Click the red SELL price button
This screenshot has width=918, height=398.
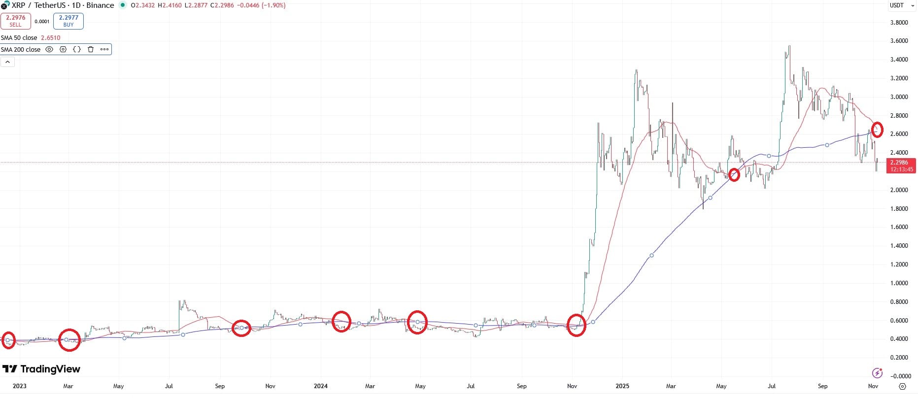16,21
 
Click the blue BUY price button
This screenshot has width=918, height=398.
68,21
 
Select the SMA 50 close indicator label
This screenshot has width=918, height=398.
19,38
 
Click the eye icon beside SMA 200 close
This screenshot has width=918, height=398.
49,49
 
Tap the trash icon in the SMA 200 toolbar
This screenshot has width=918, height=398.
91,49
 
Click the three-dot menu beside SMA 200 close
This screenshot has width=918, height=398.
104,49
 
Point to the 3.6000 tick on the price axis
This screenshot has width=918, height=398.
899,41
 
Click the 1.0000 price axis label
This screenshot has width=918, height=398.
899,283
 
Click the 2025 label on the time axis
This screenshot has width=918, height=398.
622,386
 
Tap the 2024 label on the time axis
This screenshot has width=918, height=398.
321,386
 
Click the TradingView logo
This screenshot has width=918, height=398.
41,369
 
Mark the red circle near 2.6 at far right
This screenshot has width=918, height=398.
877,130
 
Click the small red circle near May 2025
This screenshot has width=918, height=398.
734,175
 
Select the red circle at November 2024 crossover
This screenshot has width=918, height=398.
577,325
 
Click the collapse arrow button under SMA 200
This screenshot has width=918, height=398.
8,62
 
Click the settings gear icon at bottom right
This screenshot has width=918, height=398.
902,386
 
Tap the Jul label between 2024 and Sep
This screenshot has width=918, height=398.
471,386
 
